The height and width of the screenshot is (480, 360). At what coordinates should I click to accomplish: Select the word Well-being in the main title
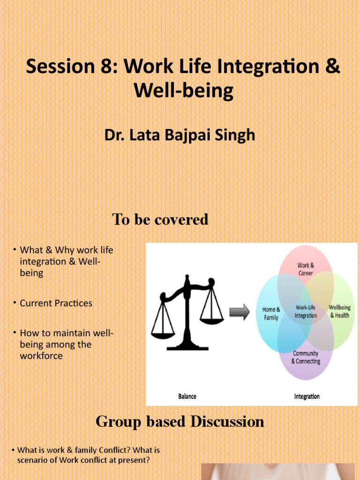(x=183, y=90)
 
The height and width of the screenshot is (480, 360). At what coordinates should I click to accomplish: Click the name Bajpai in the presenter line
(x=186, y=135)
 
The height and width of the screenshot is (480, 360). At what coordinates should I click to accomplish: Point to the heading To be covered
(x=160, y=219)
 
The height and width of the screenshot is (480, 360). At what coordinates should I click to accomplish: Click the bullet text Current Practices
(x=56, y=303)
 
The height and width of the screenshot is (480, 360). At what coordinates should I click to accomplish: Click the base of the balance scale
(x=187, y=347)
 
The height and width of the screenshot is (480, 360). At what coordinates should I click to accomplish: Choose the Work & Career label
(x=305, y=269)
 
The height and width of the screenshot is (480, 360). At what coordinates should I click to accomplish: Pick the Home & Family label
(x=271, y=314)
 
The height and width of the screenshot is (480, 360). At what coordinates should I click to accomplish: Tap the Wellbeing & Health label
(x=339, y=312)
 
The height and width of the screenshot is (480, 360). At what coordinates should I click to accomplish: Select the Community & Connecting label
(x=306, y=357)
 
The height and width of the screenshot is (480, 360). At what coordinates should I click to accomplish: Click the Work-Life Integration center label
(x=306, y=312)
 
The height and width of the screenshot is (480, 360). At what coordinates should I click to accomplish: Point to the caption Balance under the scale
(x=187, y=397)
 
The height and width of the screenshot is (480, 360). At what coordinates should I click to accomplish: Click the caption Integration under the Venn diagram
(x=307, y=397)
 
